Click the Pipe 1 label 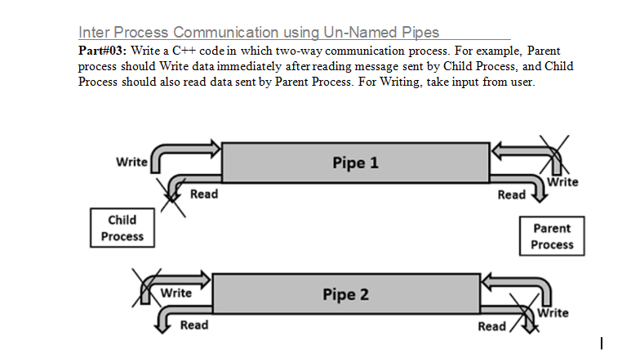[x=355, y=162]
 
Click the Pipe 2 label [x=345, y=295]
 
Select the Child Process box [x=122, y=228]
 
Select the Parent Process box [x=552, y=236]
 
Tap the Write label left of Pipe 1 [x=131, y=162]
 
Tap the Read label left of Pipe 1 [x=204, y=193]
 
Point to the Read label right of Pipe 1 [x=512, y=194]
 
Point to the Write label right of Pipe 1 [x=562, y=182]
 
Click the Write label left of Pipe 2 [x=176, y=293]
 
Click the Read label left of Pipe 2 [x=194, y=325]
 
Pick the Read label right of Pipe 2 [x=491, y=327]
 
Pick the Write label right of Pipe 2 [x=553, y=313]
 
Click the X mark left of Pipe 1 [x=172, y=198]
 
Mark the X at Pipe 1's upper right [x=554, y=155]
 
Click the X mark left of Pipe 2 [x=146, y=288]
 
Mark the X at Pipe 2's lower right [x=524, y=313]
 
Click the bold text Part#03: [x=102, y=51]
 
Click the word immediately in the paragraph [x=249, y=66]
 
